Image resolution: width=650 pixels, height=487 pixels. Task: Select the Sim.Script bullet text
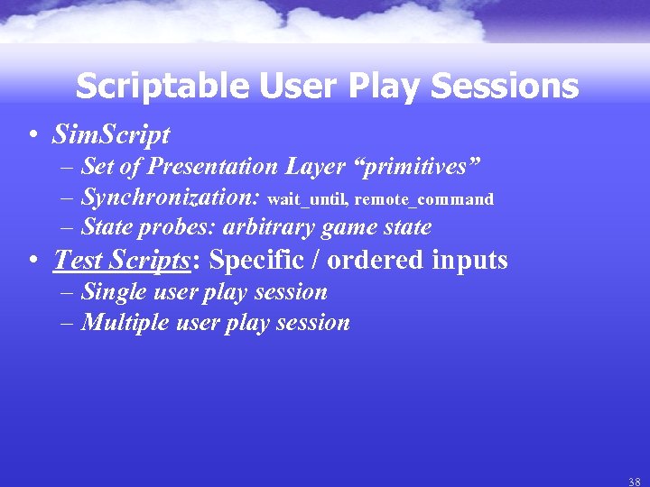point(111,135)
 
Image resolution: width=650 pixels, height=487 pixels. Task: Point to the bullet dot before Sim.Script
point(32,136)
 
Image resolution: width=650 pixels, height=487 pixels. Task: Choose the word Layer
point(315,167)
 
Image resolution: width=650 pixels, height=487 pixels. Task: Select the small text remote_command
point(424,199)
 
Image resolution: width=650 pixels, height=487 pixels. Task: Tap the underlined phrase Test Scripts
point(122,261)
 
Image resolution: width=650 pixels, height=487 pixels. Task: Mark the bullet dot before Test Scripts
point(32,262)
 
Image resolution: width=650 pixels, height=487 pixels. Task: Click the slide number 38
point(635,482)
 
